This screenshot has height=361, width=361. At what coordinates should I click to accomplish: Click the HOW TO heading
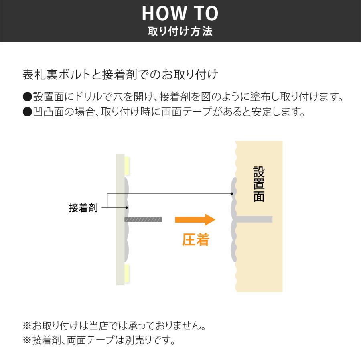coord(180,14)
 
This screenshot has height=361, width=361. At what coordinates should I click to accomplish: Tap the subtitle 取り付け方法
coord(180,32)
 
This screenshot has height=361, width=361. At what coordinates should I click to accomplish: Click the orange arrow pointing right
coord(195,219)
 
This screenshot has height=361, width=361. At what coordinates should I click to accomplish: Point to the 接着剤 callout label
coord(83,208)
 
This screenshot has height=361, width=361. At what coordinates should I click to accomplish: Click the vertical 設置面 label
coord(259,184)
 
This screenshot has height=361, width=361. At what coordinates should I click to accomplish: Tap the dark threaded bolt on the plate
coord(143,219)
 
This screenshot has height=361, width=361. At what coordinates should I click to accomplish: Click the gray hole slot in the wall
coord(254,219)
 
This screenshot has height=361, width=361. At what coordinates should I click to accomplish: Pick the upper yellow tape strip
coord(127,165)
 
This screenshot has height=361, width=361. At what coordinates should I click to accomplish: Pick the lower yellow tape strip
coord(127,273)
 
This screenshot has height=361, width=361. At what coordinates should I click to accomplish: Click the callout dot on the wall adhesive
coord(232,194)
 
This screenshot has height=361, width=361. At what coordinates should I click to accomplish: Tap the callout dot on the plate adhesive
coord(127,207)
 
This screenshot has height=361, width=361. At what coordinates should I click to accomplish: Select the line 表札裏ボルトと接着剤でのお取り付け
coord(120,75)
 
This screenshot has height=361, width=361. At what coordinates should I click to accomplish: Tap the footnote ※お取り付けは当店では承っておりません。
coord(114,325)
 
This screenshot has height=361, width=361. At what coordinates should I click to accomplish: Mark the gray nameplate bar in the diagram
coord(120,219)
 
